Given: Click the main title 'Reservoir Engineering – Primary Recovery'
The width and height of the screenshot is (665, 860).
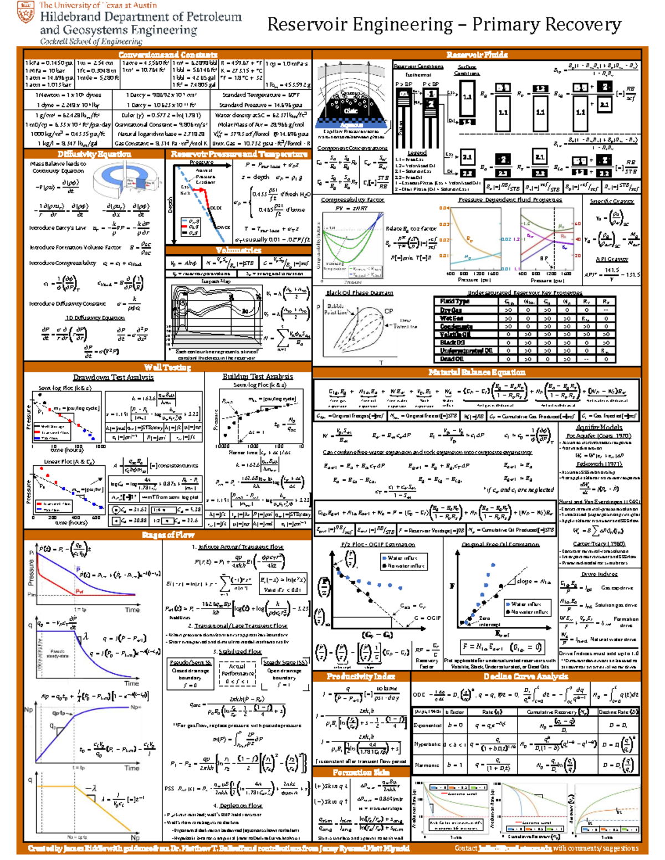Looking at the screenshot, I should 444,24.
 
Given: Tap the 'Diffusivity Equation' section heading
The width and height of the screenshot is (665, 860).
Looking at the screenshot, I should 94,154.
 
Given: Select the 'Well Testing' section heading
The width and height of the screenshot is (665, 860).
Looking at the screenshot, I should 167,367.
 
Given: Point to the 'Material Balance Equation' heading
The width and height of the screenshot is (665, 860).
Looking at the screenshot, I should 477,372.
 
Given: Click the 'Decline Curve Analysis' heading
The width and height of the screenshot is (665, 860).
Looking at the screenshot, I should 525,676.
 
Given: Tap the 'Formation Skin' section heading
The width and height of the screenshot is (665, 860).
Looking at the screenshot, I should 361,772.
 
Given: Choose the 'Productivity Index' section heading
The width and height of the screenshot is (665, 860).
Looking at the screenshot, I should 361,676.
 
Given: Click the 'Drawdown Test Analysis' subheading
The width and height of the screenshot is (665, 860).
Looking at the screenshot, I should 114,378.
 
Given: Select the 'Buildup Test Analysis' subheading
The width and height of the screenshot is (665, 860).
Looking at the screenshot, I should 258,377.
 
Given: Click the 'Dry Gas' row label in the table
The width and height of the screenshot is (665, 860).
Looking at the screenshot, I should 451,310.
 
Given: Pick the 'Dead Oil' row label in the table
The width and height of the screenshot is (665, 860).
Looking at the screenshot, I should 452,359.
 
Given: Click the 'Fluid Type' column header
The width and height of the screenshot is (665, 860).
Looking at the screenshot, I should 454,302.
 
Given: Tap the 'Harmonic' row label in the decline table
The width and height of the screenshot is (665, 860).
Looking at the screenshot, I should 427,765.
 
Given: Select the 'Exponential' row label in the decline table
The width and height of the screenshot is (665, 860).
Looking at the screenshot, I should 427,725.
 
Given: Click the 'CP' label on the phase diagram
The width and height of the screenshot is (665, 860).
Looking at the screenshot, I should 388,311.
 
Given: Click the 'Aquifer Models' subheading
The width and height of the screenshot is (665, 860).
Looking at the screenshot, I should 599,427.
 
